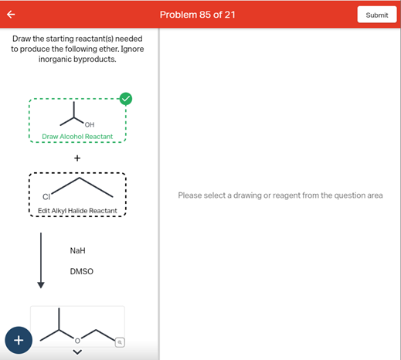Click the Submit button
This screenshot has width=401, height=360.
tap(377, 15)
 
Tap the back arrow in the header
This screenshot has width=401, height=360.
tap(12, 14)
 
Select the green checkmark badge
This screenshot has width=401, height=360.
tap(125, 98)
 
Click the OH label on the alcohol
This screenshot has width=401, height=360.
tap(90, 124)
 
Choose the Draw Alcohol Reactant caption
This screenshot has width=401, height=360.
tap(77, 137)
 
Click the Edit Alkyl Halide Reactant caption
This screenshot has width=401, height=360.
tap(77, 211)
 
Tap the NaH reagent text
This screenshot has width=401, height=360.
tap(77, 251)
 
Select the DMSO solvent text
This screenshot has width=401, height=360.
tap(81, 272)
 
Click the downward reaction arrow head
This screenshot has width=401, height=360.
tap(41, 284)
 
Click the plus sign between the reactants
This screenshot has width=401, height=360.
tap(77, 158)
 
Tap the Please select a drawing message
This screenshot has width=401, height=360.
tap(280, 195)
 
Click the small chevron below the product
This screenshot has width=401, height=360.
tap(76, 354)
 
